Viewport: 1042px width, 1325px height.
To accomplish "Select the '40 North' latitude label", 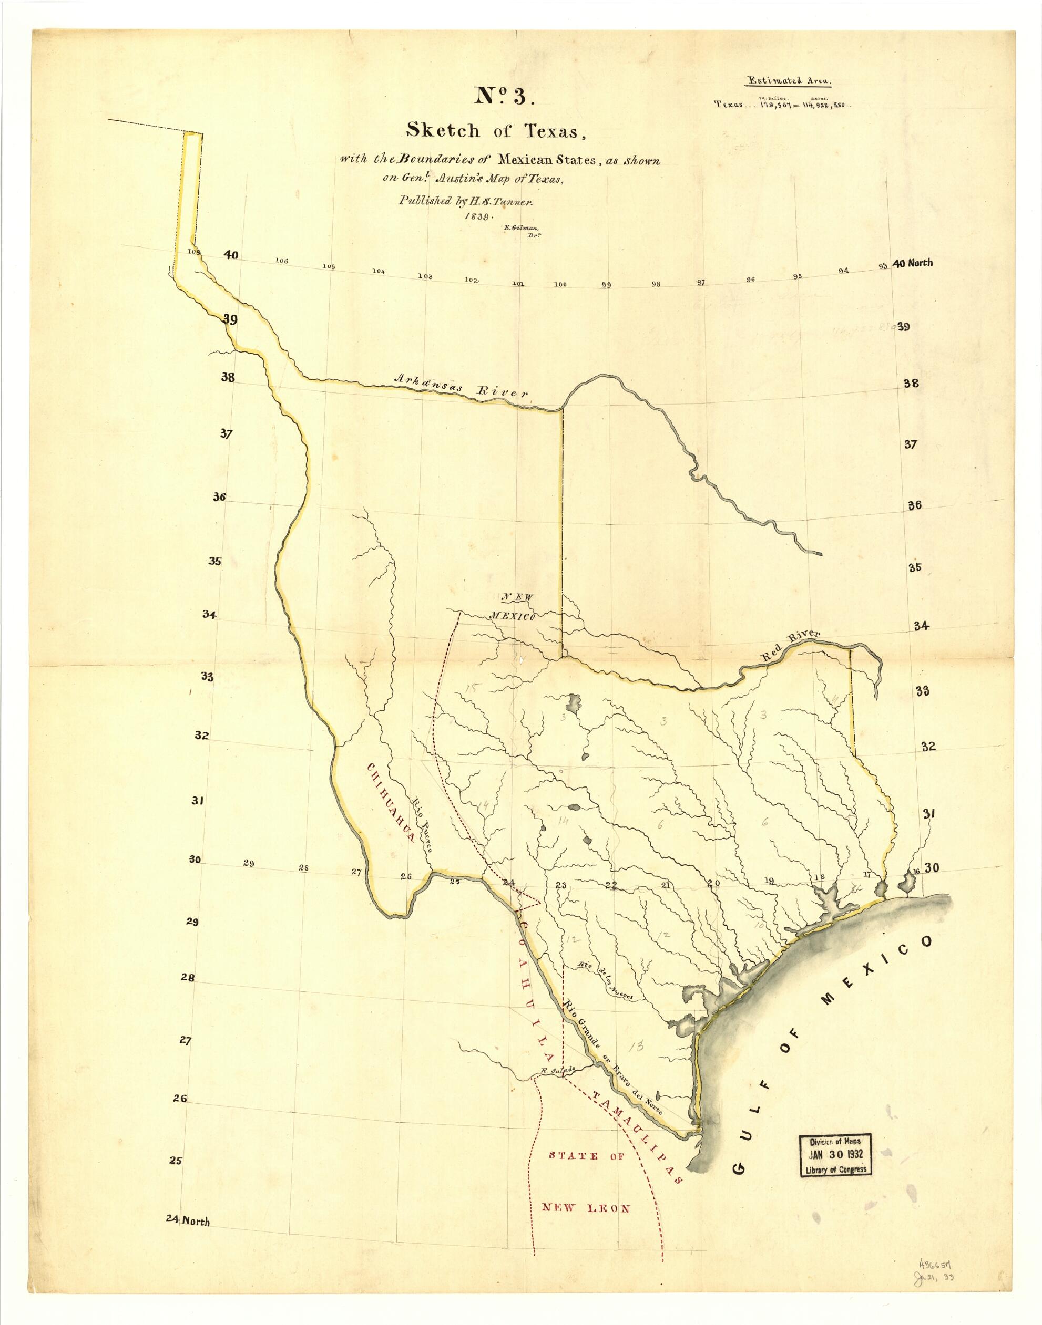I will pos(913,263).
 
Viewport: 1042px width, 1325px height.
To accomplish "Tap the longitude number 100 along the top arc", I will pos(560,284).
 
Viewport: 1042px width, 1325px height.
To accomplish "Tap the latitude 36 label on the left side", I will pos(219,497).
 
